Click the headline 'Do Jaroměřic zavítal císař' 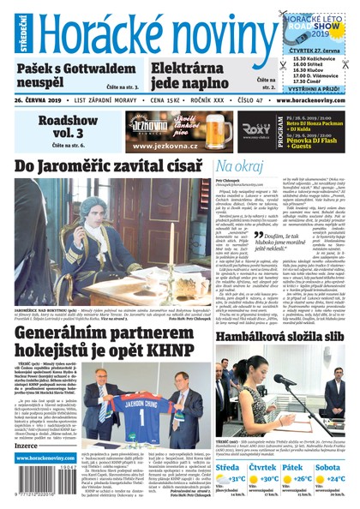click(108, 165)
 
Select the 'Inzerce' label click(27, 446)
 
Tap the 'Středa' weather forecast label click(227, 467)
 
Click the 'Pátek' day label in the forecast click(303, 467)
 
